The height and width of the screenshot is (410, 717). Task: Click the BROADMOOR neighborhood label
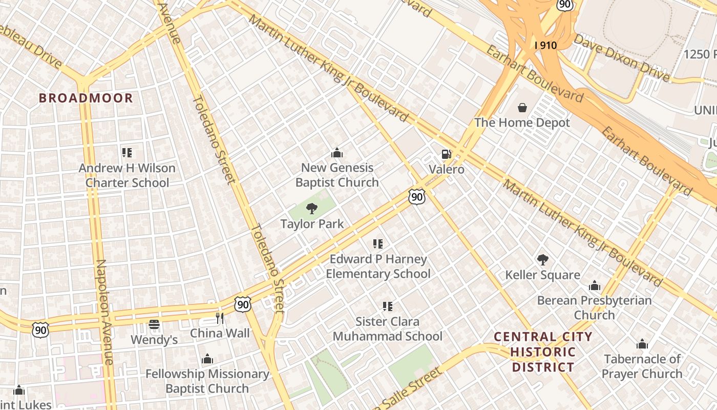coord(86,98)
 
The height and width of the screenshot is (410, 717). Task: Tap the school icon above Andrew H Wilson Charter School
coord(127,152)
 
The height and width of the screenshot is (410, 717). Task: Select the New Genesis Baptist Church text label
coord(337,175)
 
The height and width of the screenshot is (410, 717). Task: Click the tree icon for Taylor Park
coord(311,209)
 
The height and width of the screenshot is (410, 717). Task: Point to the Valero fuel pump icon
coord(446,154)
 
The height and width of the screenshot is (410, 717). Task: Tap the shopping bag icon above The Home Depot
coord(522,108)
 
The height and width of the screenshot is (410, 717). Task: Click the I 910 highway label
coord(545,45)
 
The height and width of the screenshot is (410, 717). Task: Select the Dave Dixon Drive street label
coord(621,57)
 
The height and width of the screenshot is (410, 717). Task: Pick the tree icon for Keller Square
coord(542,260)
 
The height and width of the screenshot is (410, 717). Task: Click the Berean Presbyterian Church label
coord(594,307)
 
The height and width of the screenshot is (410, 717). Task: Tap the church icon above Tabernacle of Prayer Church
coord(642,344)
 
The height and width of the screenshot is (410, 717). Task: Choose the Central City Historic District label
coord(543,352)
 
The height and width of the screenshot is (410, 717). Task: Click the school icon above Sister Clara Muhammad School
coord(388,306)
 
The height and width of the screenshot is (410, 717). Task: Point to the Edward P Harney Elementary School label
coord(378,266)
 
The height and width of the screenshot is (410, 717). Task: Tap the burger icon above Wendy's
coord(154,324)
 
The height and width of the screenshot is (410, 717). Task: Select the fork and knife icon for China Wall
coord(220,318)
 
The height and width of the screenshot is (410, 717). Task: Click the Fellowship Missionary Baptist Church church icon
coord(207,359)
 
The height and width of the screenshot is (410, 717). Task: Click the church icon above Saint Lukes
coord(19,391)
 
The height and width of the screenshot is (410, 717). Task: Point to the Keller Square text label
coord(542,275)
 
